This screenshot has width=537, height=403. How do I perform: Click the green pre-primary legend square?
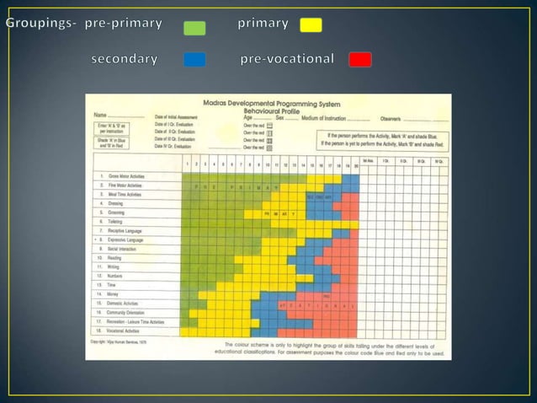tap(194, 27)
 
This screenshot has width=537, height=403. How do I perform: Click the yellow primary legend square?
tap(311, 24)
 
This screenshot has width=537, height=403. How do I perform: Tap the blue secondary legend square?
tap(194, 60)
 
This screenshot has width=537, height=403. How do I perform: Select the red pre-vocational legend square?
tap(360, 59)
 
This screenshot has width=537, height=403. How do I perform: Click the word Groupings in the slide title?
tap(41, 23)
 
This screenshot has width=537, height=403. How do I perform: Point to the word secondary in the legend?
tap(124, 59)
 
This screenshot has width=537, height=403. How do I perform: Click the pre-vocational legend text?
tap(286, 59)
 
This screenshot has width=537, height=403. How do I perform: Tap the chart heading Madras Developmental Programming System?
tap(290, 102)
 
